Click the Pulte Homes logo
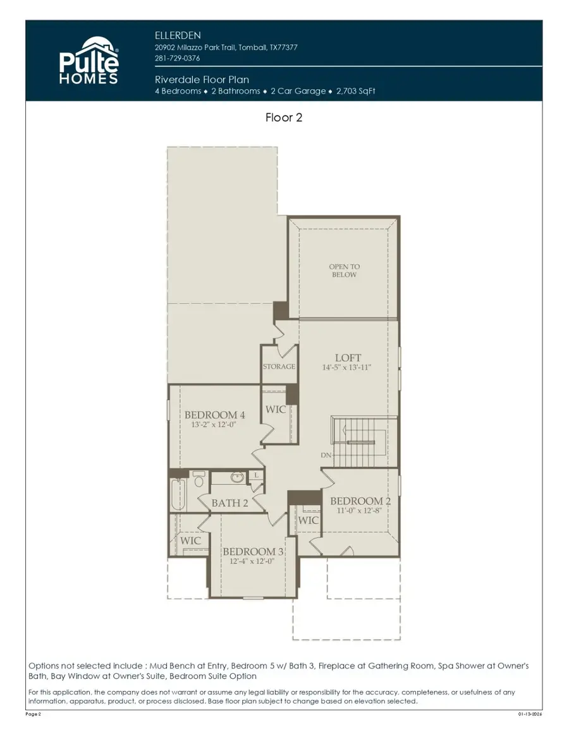(89, 61)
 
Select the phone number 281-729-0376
(178, 58)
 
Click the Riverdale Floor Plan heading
(202, 80)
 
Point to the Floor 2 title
(284, 118)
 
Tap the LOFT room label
(348, 358)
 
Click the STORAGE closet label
(279, 367)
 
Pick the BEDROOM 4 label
(214, 415)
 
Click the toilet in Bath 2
(199, 480)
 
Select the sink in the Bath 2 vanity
(237, 478)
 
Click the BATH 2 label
(229, 503)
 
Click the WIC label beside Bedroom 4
(276, 410)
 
